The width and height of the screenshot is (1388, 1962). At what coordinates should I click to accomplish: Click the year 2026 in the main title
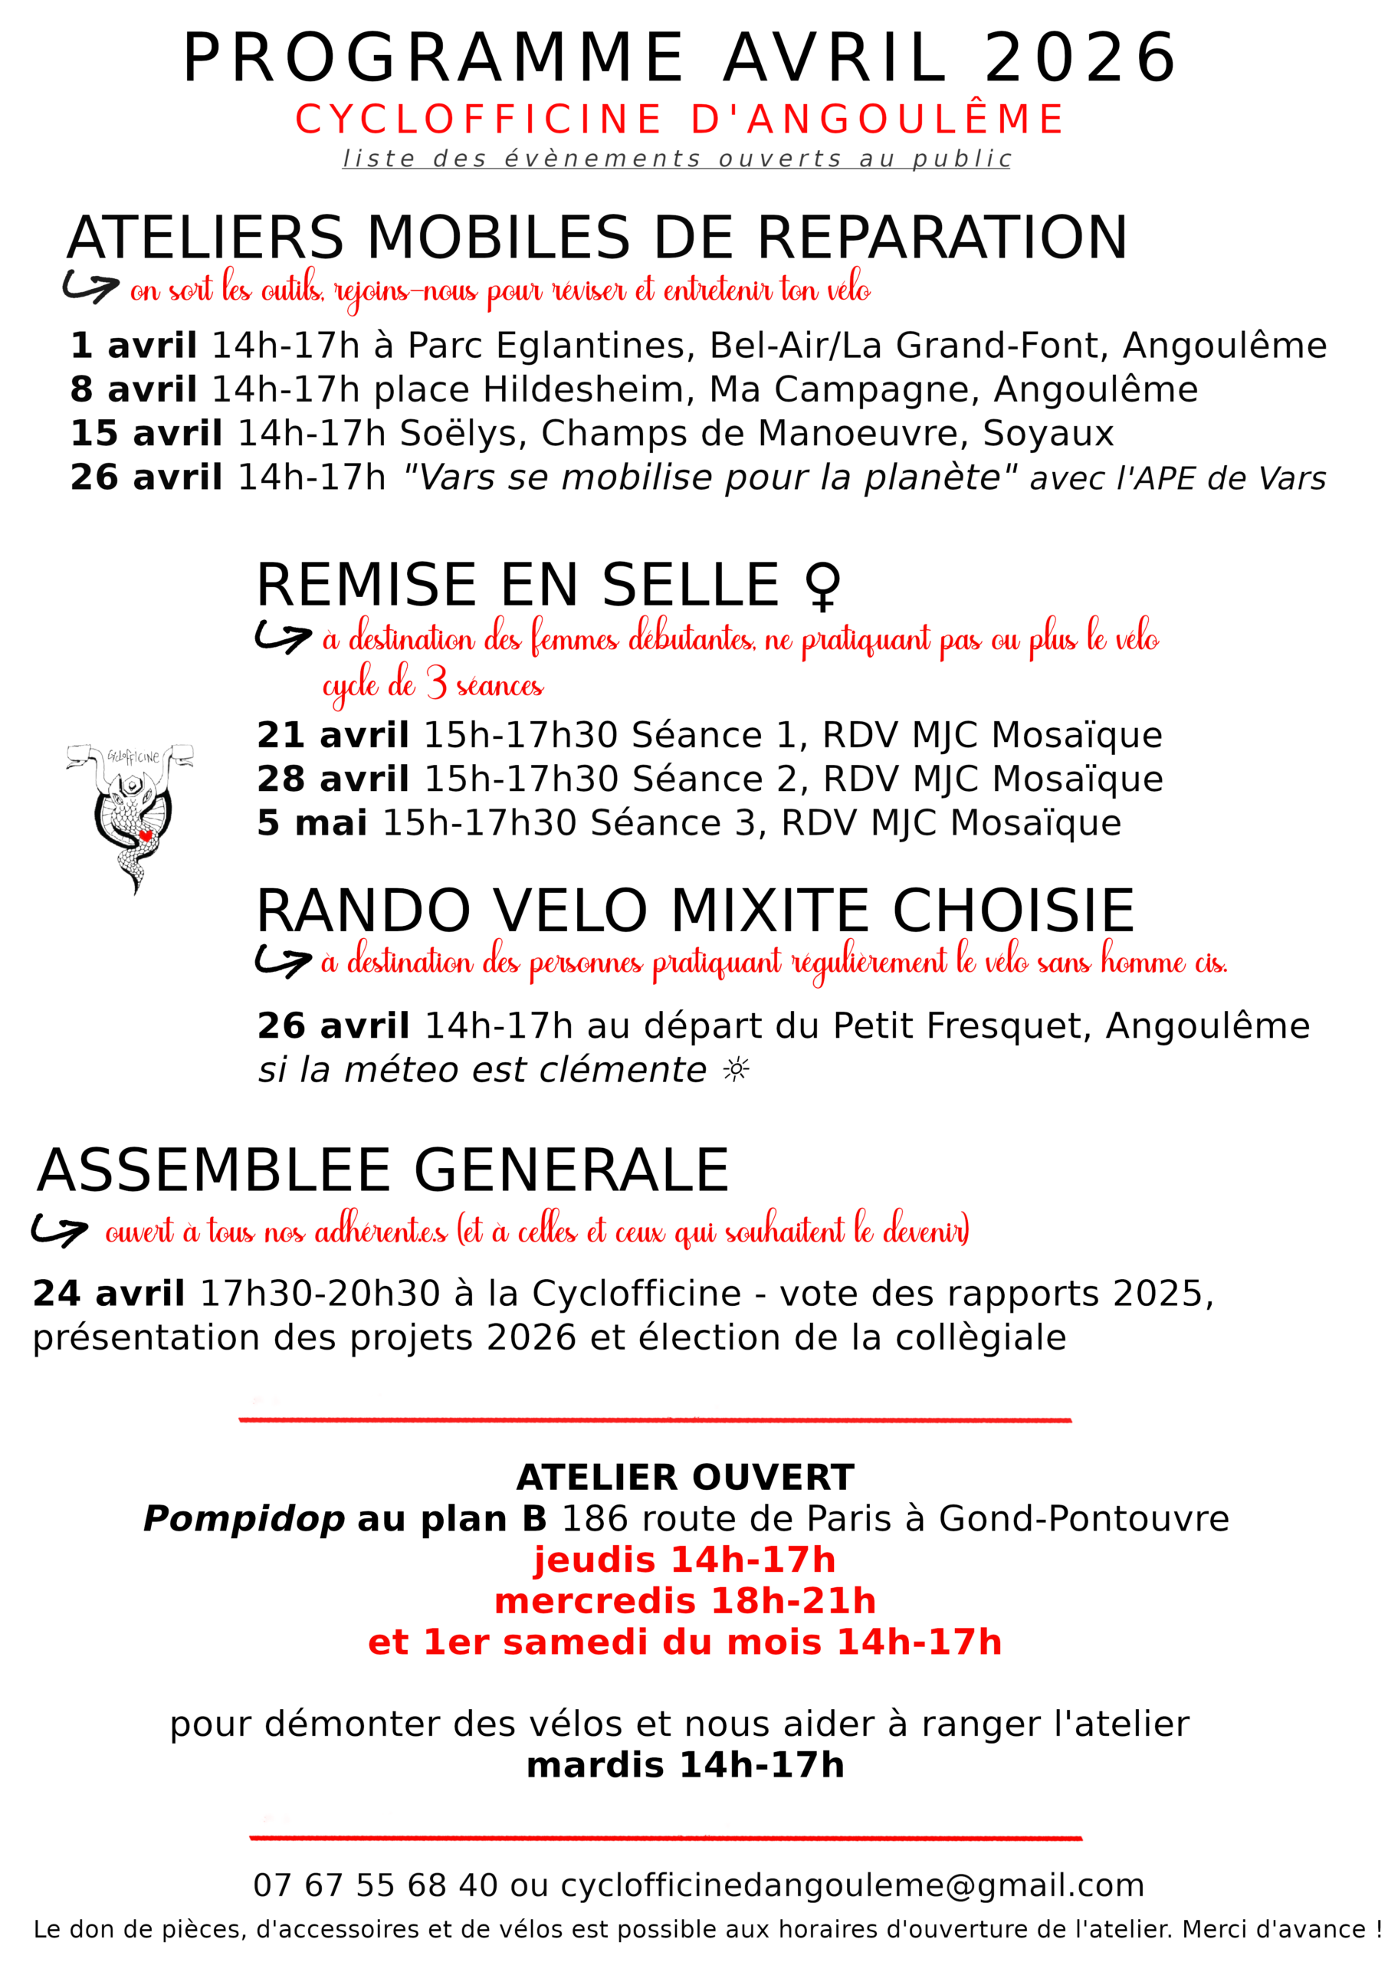tap(1081, 58)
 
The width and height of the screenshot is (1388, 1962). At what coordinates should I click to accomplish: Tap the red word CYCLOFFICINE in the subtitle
tap(478, 120)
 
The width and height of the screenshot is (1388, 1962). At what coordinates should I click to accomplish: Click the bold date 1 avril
tap(133, 346)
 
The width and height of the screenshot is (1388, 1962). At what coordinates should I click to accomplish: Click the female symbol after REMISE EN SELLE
tap(822, 586)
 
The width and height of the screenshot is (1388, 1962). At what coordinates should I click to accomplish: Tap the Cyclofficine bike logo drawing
tap(130, 812)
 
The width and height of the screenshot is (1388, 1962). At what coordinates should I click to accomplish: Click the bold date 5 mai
tap(312, 823)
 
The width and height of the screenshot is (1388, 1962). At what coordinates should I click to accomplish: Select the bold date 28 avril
tap(333, 779)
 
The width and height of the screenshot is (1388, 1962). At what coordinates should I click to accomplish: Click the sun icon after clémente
tap(736, 1070)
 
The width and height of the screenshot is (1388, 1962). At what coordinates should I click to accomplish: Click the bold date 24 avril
tap(109, 1294)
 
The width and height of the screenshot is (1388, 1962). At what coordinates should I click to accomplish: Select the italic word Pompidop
tap(244, 1519)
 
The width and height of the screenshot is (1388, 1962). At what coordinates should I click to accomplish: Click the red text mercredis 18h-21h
tap(685, 1601)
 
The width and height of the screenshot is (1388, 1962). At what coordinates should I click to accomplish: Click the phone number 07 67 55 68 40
tap(376, 1886)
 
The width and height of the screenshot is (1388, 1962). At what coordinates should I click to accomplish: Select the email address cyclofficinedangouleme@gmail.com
tap(852, 1886)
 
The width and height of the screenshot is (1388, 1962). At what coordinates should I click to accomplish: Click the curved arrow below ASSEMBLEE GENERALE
tap(58, 1231)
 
